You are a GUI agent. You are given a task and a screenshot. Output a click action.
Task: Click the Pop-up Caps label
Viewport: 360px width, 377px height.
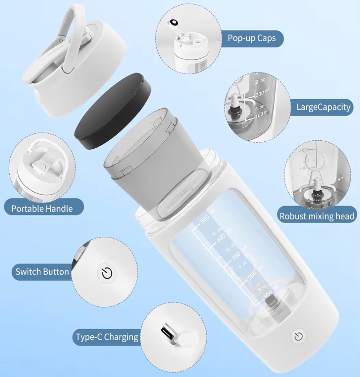251,38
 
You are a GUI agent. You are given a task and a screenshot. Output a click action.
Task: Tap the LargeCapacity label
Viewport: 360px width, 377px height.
323,107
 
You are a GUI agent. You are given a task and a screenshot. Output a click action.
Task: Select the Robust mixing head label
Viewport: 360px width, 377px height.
317,216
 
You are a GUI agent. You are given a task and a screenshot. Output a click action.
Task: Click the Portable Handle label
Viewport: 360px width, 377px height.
42,209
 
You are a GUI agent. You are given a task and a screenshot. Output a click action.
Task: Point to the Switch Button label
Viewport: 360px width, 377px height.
42,272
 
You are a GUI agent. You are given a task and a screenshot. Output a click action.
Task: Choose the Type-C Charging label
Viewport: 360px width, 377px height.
107,337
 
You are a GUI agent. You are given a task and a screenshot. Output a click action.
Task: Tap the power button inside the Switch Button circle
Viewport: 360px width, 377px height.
107,273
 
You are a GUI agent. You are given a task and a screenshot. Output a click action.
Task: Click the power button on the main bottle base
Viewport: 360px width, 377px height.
298,337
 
